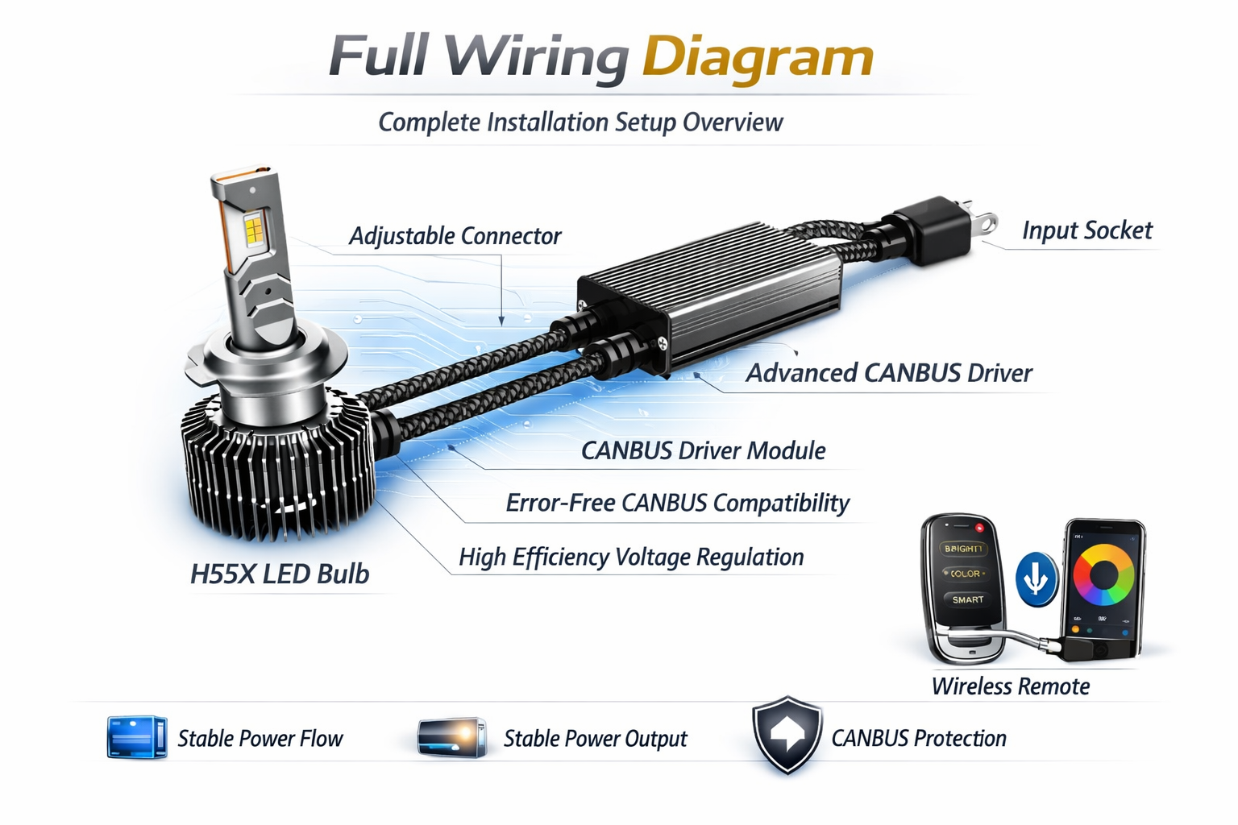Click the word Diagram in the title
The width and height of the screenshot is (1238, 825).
pyautogui.click(x=758, y=58)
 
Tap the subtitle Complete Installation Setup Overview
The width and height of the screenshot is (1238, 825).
pyautogui.click(x=580, y=122)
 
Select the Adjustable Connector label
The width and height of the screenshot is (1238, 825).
pyautogui.click(x=455, y=236)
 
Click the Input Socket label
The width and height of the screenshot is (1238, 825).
pyautogui.click(x=1086, y=230)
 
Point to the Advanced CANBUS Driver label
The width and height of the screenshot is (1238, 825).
pyautogui.click(x=888, y=373)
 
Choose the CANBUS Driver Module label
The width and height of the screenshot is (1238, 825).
pyautogui.click(x=703, y=450)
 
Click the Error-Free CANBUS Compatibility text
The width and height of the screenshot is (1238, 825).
pyautogui.click(x=677, y=504)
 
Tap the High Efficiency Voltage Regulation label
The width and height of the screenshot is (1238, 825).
pyautogui.click(x=631, y=557)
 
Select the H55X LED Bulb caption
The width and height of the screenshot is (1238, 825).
pyautogui.click(x=279, y=574)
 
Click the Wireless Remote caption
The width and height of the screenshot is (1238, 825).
pyautogui.click(x=1010, y=686)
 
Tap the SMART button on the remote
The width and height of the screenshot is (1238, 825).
pyautogui.click(x=967, y=599)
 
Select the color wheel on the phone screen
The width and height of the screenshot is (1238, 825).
pyautogui.click(x=1103, y=574)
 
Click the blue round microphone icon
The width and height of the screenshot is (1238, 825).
pyautogui.click(x=1036, y=578)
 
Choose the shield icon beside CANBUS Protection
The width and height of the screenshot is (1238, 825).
pyautogui.click(x=787, y=735)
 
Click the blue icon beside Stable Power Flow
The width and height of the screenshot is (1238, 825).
pyautogui.click(x=136, y=737)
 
